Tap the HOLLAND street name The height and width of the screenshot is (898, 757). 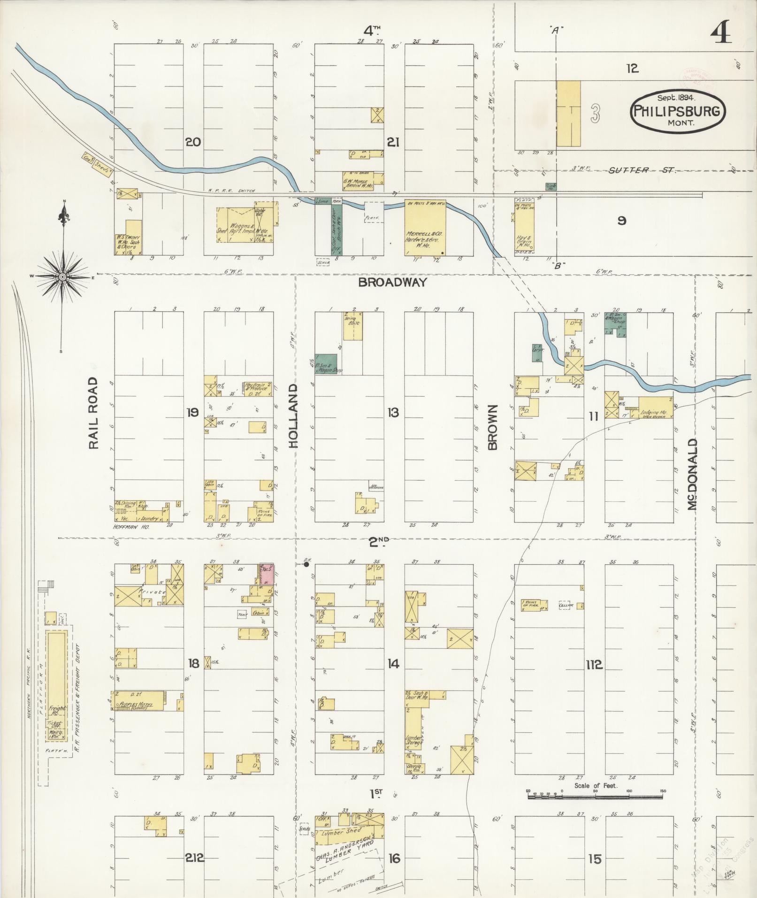click(x=294, y=416)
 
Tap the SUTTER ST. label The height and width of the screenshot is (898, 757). click(x=642, y=170)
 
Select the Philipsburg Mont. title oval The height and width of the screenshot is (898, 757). click(x=677, y=111)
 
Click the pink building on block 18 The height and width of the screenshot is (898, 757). click(x=268, y=574)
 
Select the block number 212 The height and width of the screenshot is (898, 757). click(x=194, y=858)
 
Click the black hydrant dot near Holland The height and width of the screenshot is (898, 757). click(x=306, y=565)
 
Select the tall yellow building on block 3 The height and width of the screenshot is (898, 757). click(x=568, y=114)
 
